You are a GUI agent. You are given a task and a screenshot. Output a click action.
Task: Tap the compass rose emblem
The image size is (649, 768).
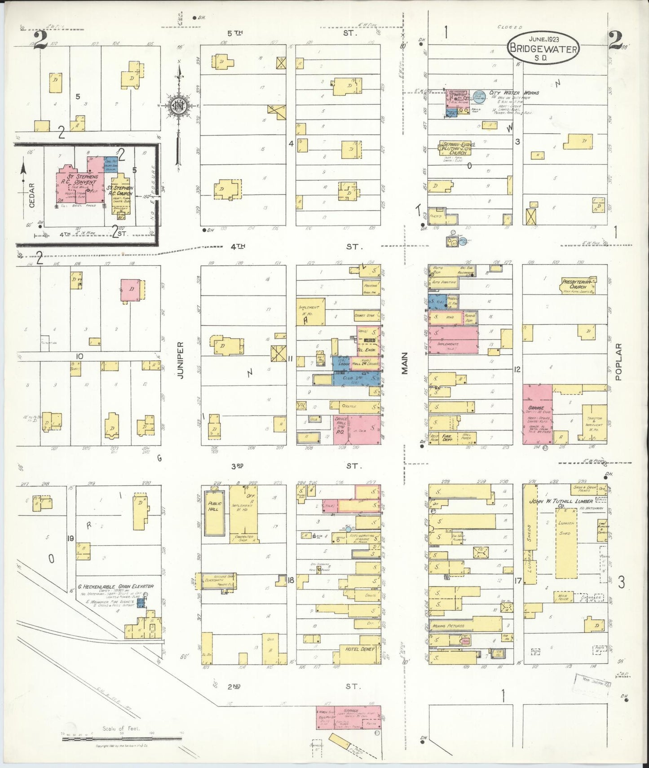click(178, 106)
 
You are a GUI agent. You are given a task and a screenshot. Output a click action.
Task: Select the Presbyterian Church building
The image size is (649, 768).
click(578, 285)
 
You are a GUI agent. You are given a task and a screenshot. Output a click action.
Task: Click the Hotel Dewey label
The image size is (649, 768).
click(360, 649)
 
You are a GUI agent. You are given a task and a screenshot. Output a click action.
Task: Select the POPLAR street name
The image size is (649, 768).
click(618, 362)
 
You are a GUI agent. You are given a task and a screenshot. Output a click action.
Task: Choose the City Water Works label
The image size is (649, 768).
click(514, 93)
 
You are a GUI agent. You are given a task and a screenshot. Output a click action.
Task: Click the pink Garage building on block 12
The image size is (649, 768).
click(537, 413)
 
